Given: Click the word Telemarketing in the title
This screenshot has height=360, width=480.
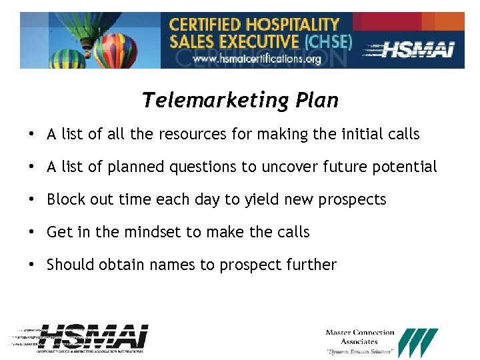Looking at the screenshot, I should pos(205,101).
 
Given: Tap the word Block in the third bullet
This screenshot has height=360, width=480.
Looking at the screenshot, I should pos(65,199).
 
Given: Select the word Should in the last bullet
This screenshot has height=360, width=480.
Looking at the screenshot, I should pos(71,265).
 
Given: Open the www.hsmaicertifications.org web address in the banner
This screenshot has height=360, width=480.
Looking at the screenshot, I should pos(257,59).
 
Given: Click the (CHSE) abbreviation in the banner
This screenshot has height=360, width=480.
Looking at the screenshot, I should pos(327,41).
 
